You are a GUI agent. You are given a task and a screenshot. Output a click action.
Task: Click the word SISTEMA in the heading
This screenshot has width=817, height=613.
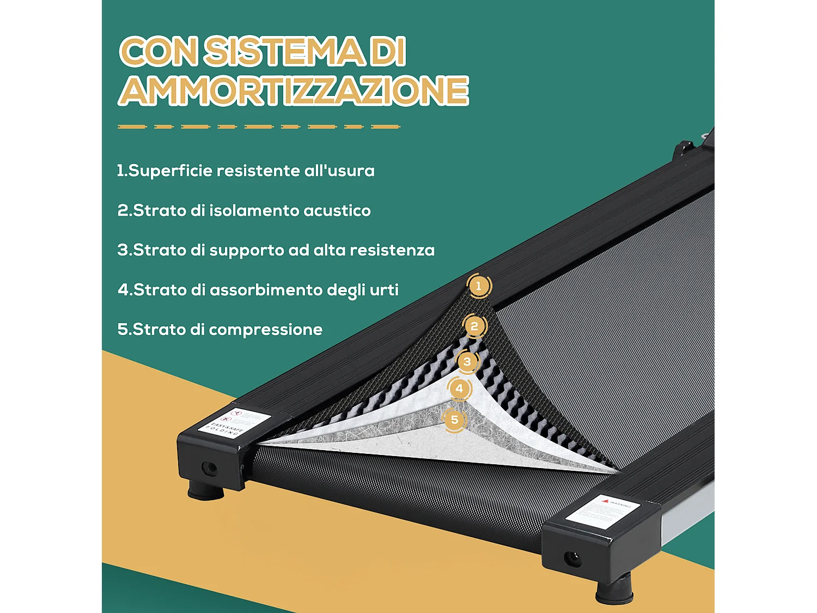[283, 52]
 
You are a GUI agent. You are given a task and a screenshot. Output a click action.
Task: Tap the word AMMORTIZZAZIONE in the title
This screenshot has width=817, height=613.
[294, 90]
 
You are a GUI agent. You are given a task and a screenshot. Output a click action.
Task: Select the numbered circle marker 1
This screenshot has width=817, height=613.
[479, 286]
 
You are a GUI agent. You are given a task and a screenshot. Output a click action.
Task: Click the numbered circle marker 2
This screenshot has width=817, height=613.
[474, 326]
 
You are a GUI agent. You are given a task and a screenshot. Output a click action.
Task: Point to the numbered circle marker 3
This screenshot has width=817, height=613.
[467, 361]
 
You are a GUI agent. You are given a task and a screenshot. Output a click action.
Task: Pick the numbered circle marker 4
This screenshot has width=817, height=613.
[459, 389]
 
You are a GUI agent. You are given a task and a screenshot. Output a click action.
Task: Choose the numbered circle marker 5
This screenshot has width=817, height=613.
[454, 420]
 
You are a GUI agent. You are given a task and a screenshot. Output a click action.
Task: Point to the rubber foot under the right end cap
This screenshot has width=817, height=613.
[614, 591]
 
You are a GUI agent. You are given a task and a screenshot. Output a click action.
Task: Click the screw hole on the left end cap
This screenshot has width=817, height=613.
[209, 468]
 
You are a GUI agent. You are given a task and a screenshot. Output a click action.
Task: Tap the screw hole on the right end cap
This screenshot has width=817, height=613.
[571, 558]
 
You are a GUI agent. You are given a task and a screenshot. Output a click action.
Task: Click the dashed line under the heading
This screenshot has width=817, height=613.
[259, 126]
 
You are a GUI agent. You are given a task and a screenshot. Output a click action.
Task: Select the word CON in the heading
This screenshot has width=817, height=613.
[158, 52]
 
